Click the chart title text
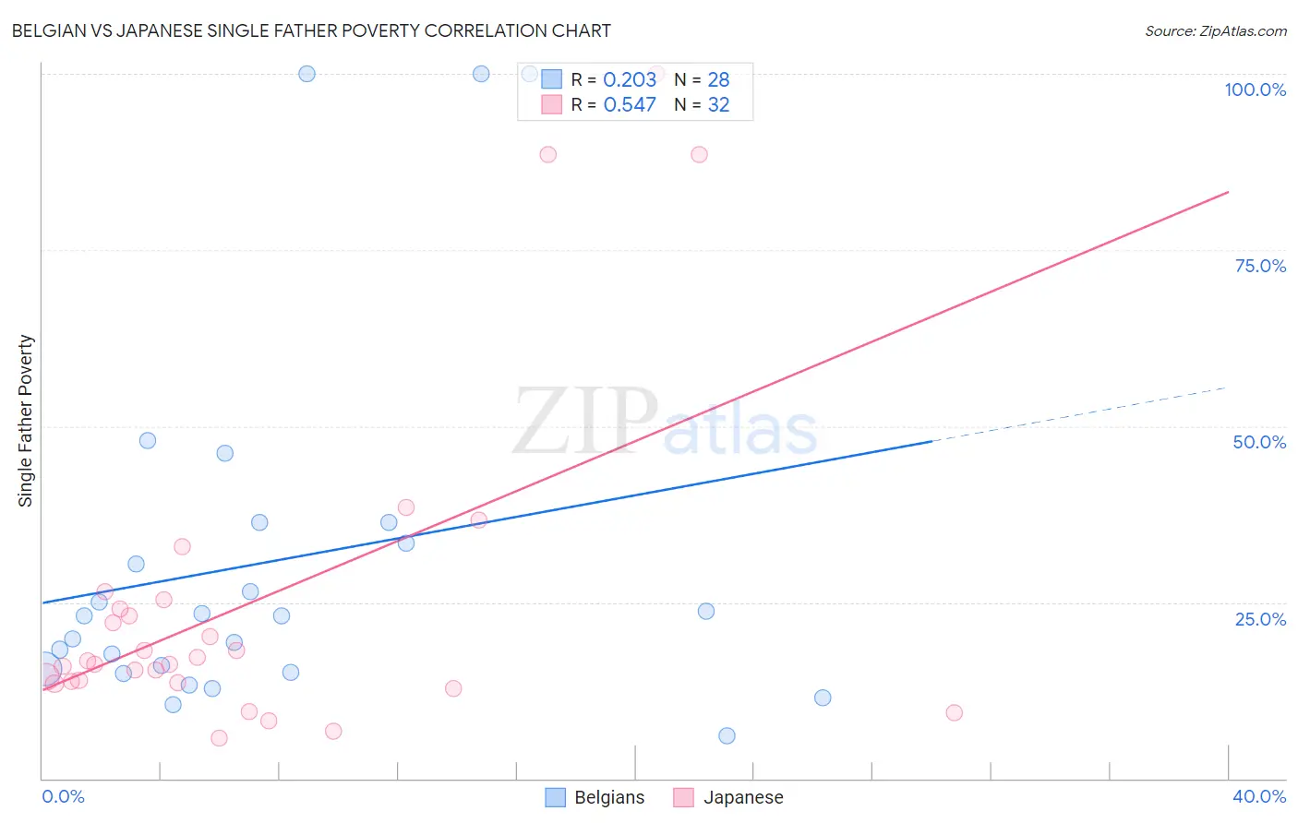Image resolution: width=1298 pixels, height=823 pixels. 311,30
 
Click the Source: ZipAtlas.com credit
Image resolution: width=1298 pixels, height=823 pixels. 1215,30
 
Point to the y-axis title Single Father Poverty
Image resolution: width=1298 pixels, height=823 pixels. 25,421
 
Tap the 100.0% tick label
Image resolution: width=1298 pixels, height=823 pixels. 1255,89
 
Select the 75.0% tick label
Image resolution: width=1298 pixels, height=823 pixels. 1260,266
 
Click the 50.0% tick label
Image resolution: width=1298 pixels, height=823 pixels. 1259,442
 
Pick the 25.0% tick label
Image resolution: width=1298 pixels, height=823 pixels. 1260,618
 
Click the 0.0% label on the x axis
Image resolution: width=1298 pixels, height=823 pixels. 63,796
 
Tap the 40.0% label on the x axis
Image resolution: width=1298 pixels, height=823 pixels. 1258,796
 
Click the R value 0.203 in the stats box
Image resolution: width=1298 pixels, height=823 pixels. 630,79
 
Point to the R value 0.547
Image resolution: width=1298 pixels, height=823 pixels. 630,104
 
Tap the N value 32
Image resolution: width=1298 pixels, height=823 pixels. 718,104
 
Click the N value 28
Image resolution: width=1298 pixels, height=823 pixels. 718,79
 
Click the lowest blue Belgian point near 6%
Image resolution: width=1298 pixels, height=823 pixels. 727,735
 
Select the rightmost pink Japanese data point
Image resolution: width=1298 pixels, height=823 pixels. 954,712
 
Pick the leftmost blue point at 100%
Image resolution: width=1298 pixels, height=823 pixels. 306,74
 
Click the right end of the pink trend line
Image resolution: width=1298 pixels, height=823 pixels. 1228,192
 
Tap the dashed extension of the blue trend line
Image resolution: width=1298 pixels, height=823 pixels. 1080,414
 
